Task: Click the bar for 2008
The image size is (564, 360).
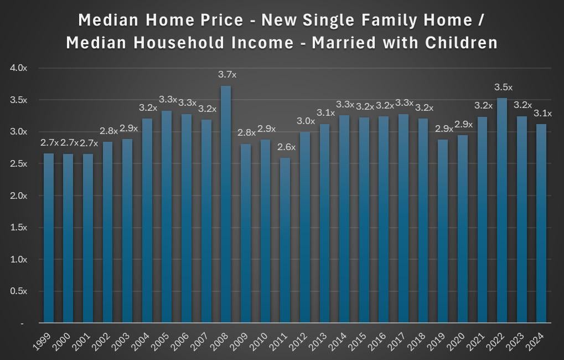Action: [x=225, y=204]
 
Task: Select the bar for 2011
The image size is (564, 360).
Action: [x=285, y=240]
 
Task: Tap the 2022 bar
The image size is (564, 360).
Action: [x=502, y=210]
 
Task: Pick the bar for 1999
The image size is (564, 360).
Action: [x=49, y=238]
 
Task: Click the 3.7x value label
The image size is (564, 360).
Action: [x=227, y=75]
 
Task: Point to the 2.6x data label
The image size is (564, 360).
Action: [x=286, y=147]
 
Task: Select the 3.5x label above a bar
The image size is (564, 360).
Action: [x=503, y=87]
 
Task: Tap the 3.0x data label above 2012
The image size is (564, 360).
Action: [x=306, y=121]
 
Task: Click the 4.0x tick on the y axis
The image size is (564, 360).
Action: [x=18, y=68]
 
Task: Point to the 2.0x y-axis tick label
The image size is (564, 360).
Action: [x=18, y=196]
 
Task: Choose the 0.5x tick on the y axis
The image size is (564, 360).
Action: [x=18, y=291]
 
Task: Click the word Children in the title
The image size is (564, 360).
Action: [x=461, y=43]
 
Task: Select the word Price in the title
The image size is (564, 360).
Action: [x=222, y=20]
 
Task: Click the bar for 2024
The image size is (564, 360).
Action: [x=541, y=223]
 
